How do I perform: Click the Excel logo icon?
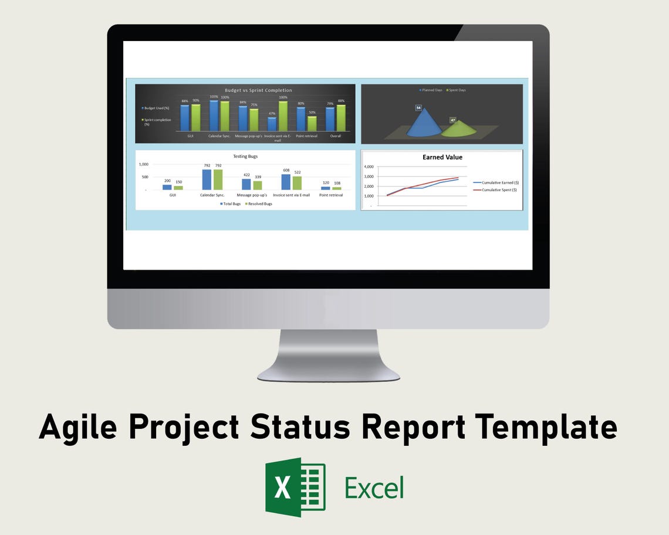coord(295,487)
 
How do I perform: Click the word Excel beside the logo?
coord(374,487)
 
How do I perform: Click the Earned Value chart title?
coord(442,157)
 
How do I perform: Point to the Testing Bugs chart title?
coord(245,157)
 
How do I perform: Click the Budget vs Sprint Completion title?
coord(258,90)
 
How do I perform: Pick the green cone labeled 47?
coord(458,128)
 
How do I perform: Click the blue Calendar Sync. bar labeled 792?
coord(207,180)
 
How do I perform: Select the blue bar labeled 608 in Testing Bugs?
coord(286,182)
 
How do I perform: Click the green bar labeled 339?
coord(258,185)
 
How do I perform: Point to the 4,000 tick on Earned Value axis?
coord(369,167)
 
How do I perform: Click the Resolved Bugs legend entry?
coord(259,204)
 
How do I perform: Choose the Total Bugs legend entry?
coord(230,204)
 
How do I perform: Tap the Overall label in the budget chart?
coord(335,136)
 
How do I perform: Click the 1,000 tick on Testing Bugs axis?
coord(143,164)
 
